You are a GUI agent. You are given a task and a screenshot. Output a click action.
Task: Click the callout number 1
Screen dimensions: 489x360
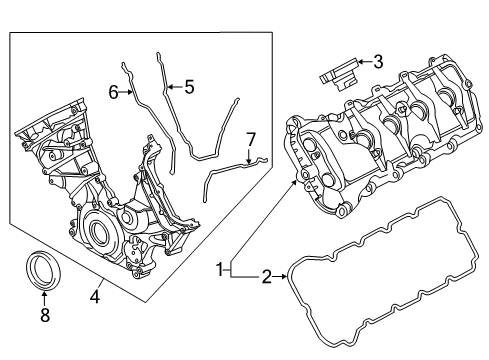point(220,269)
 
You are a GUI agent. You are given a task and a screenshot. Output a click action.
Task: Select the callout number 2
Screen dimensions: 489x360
point(267,277)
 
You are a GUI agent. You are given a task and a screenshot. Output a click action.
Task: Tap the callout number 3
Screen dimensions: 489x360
point(378,62)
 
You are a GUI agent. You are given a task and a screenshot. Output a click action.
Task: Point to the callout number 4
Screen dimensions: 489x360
point(95,296)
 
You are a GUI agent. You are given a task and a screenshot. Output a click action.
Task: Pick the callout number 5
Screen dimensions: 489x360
point(189,87)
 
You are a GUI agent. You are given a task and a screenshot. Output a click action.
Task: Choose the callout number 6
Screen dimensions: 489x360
point(114,92)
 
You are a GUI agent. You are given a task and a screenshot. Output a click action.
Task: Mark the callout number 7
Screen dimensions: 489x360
point(250,140)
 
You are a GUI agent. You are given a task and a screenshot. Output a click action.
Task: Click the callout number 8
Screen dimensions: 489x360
point(45,314)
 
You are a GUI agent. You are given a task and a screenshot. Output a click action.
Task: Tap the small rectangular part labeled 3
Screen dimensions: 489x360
point(338,75)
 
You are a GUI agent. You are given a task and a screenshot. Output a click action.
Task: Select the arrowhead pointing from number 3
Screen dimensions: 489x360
point(360,62)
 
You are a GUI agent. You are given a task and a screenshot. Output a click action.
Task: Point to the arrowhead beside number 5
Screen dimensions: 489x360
point(170,87)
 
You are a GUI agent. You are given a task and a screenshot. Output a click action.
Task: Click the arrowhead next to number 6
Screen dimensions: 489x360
point(130,92)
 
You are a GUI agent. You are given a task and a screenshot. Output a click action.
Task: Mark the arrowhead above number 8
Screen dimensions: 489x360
point(45,294)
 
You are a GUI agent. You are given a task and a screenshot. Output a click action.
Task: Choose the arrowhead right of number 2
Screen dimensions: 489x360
point(284,276)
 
